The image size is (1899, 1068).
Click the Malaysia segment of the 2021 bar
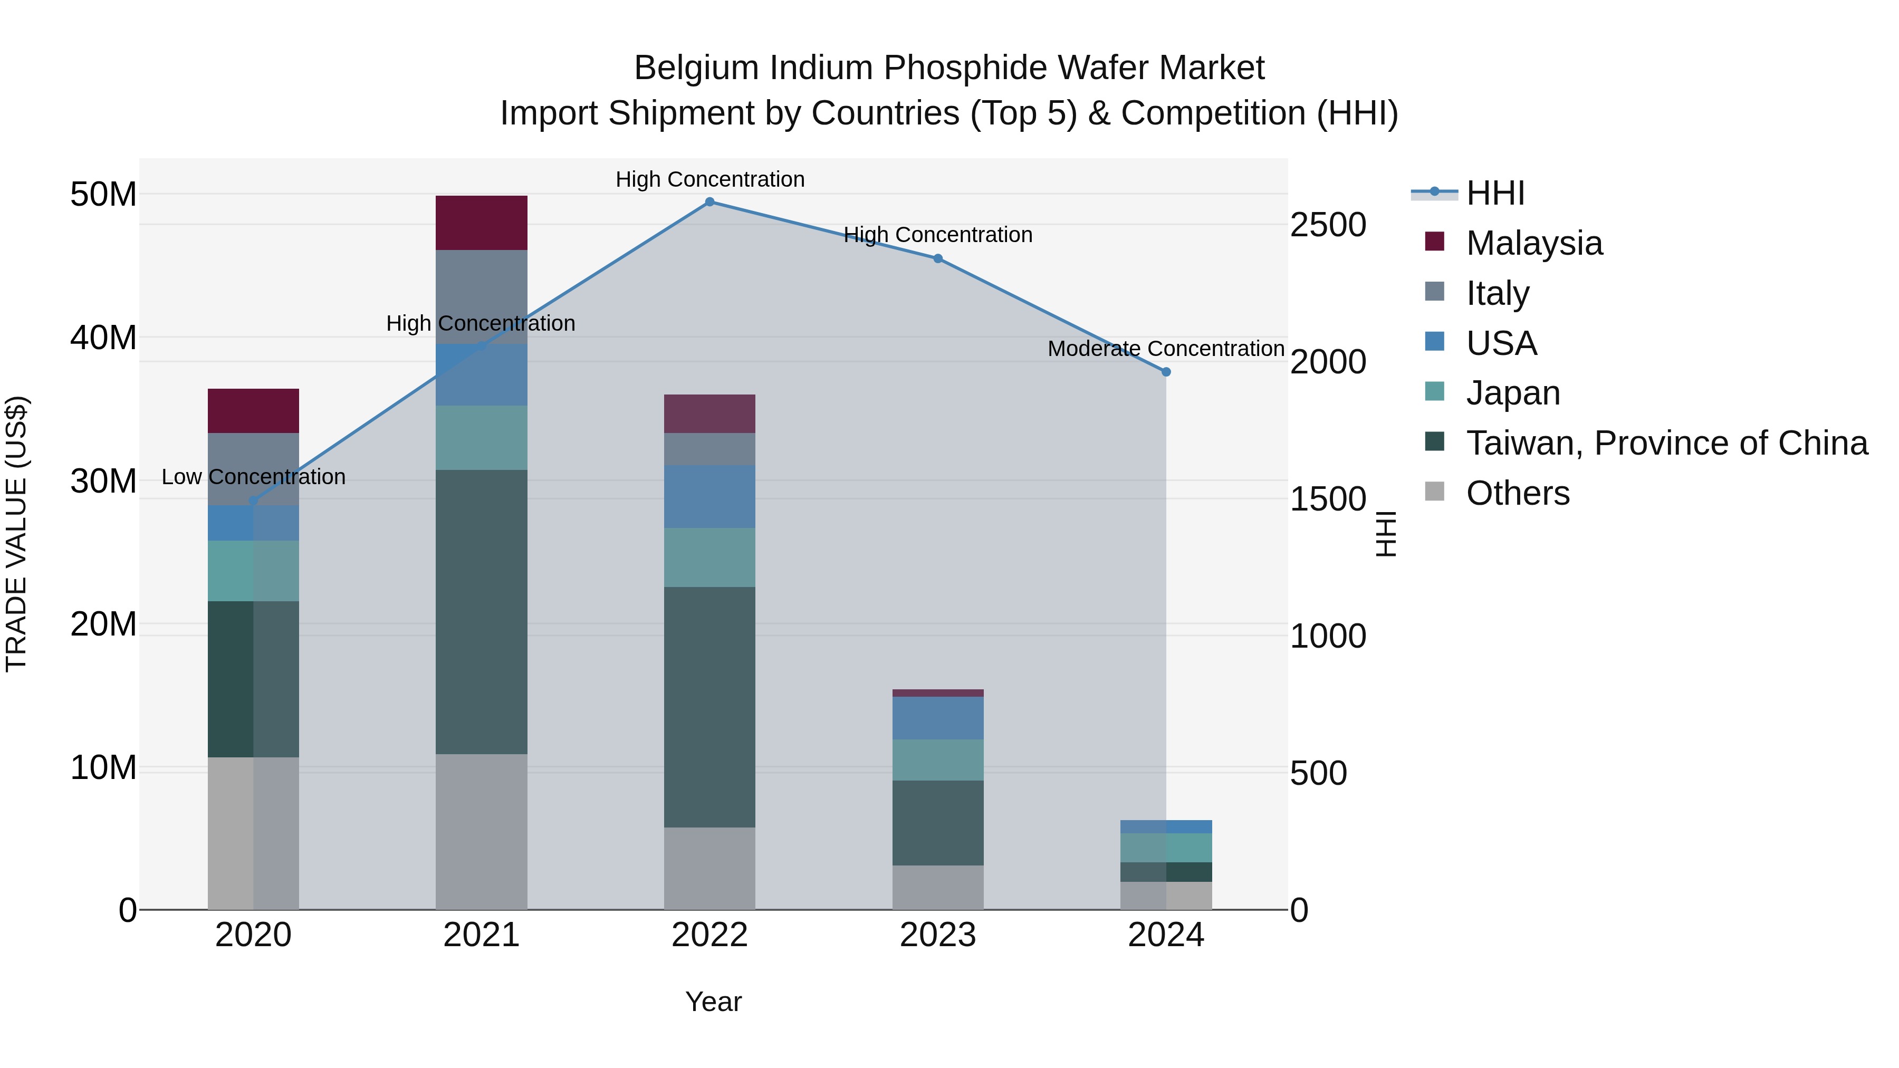pos(482,223)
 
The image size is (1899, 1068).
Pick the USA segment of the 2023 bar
pos(938,717)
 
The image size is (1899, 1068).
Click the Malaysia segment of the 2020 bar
pos(253,410)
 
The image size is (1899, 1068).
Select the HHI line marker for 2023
pos(938,259)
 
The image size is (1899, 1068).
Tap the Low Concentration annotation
pos(253,477)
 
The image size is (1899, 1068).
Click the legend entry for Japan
pos(1513,393)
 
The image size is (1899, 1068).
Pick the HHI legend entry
pos(1495,193)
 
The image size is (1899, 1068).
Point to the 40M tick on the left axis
pos(103,338)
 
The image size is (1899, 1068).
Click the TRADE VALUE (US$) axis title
pos(16,534)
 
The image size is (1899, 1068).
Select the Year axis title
pos(713,1002)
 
